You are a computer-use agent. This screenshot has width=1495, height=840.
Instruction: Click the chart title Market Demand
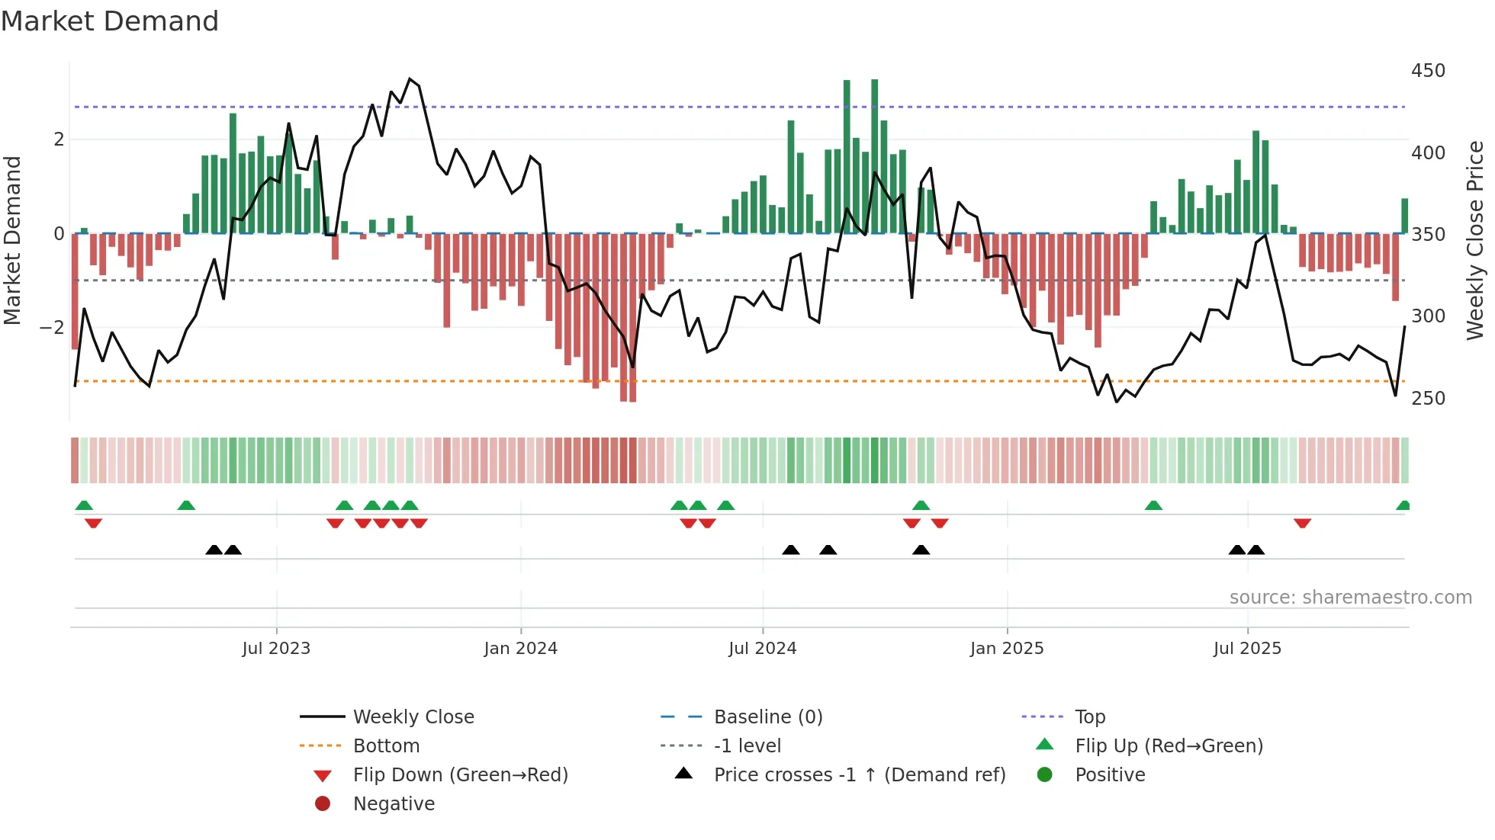(110, 21)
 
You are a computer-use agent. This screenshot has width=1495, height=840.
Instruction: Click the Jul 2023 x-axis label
(276, 649)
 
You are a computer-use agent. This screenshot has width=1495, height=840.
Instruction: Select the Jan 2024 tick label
(520, 649)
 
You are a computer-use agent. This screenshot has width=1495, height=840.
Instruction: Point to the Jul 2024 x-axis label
(762, 649)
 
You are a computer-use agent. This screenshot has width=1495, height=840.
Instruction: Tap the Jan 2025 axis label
(1006, 649)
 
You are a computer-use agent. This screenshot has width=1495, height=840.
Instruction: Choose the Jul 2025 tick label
(1247, 649)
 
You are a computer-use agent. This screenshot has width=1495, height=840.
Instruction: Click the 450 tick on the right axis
(1428, 71)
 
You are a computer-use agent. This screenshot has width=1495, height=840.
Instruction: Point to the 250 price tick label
(1428, 399)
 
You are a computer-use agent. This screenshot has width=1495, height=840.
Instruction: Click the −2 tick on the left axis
(52, 328)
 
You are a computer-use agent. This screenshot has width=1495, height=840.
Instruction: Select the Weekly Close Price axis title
(1475, 240)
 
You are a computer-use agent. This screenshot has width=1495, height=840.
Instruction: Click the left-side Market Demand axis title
(12, 240)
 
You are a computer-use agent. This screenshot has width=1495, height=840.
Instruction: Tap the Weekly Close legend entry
(413, 717)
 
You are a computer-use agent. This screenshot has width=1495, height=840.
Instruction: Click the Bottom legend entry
(386, 746)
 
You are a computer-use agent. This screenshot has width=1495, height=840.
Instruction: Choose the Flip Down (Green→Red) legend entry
(460, 775)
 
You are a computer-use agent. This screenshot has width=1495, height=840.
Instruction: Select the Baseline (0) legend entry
(767, 717)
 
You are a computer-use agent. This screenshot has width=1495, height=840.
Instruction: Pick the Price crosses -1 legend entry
(859, 775)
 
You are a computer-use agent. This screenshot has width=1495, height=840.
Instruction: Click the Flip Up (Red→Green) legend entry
(1169, 746)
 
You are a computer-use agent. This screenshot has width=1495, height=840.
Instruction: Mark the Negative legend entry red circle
(323, 804)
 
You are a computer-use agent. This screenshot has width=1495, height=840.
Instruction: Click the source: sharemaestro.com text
(1350, 598)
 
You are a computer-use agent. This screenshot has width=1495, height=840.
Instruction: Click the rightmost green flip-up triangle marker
(1403, 505)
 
